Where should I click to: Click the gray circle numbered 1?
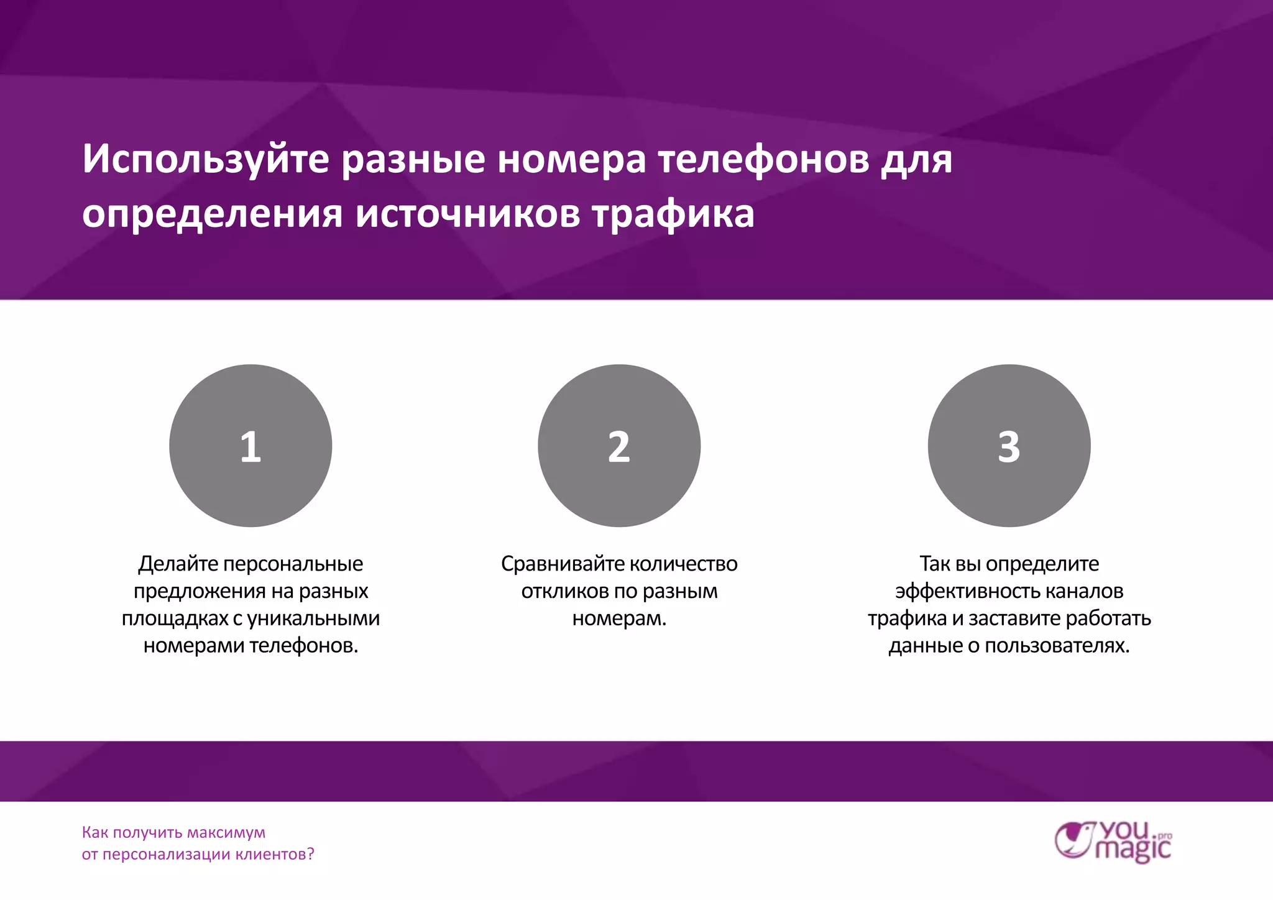250,446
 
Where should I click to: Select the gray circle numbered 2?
619,446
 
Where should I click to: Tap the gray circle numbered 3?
1009,446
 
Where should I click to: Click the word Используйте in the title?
206,160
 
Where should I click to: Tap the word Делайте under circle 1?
178,564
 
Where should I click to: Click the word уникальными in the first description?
314,618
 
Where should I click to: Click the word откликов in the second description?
564,591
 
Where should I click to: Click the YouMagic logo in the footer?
1113,842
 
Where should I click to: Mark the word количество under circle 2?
684,564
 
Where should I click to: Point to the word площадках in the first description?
175,618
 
